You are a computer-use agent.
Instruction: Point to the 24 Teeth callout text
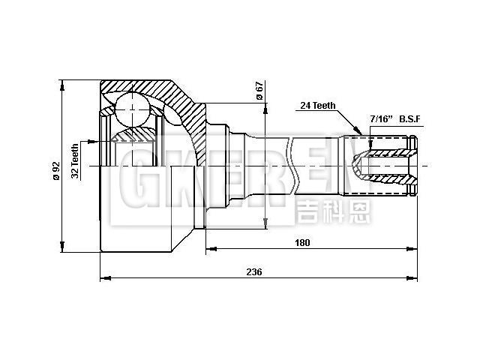pyautogui.click(x=317, y=106)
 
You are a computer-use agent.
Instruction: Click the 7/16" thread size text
pyautogui.click(x=382, y=119)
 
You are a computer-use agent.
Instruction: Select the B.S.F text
pyautogui.click(x=412, y=119)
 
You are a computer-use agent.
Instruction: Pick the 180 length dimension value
pyautogui.click(x=302, y=242)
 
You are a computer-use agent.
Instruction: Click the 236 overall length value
pyautogui.click(x=254, y=272)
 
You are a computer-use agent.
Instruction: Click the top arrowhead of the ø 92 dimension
pyautogui.click(x=62, y=80)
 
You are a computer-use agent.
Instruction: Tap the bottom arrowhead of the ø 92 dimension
pyautogui.click(x=62, y=251)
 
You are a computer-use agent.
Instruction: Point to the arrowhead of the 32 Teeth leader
pyautogui.click(x=100, y=139)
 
